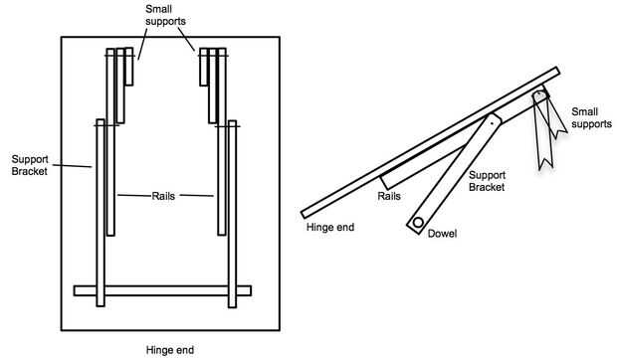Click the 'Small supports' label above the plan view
click(165, 15)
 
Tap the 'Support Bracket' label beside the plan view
click(30, 165)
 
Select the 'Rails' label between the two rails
click(163, 196)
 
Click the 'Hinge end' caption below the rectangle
click(170, 350)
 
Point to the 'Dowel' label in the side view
click(442, 234)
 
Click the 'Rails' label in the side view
click(389, 196)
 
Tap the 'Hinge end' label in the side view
click(330, 227)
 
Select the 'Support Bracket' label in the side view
click(488, 181)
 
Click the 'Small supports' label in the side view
click(591, 118)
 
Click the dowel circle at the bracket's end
click(418, 223)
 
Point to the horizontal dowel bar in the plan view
click(162, 290)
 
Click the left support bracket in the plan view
click(101, 213)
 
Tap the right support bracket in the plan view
click(233, 214)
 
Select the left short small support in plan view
click(129, 67)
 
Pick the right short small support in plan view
click(203, 67)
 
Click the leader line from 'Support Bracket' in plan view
click(72, 166)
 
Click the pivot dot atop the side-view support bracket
click(492, 122)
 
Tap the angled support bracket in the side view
click(454, 174)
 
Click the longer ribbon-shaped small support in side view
click(543, 130)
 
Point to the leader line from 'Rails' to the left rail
click(134, 195)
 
